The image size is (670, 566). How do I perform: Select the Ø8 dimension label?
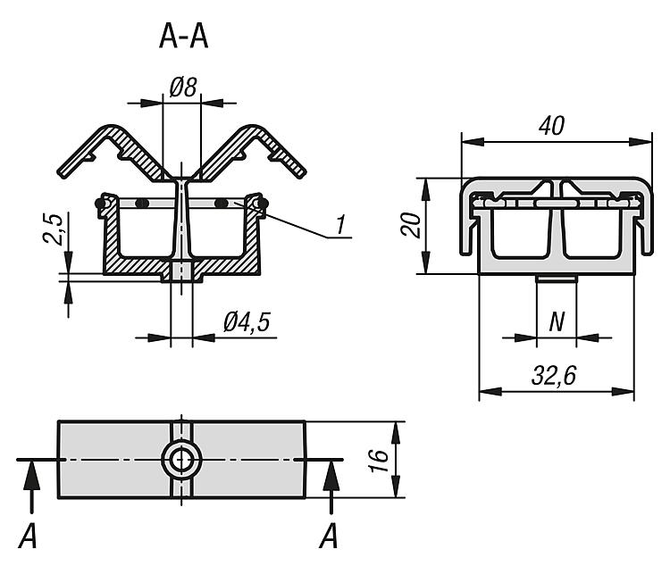click(182, 87)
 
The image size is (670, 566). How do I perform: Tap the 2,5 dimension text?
click(54, 229)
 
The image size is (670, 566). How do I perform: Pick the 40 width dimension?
click(553, 126)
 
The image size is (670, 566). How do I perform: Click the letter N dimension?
click(556, 321)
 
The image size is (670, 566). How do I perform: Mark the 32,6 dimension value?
click(555, 376)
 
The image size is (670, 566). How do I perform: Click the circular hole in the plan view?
click(182, 460)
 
